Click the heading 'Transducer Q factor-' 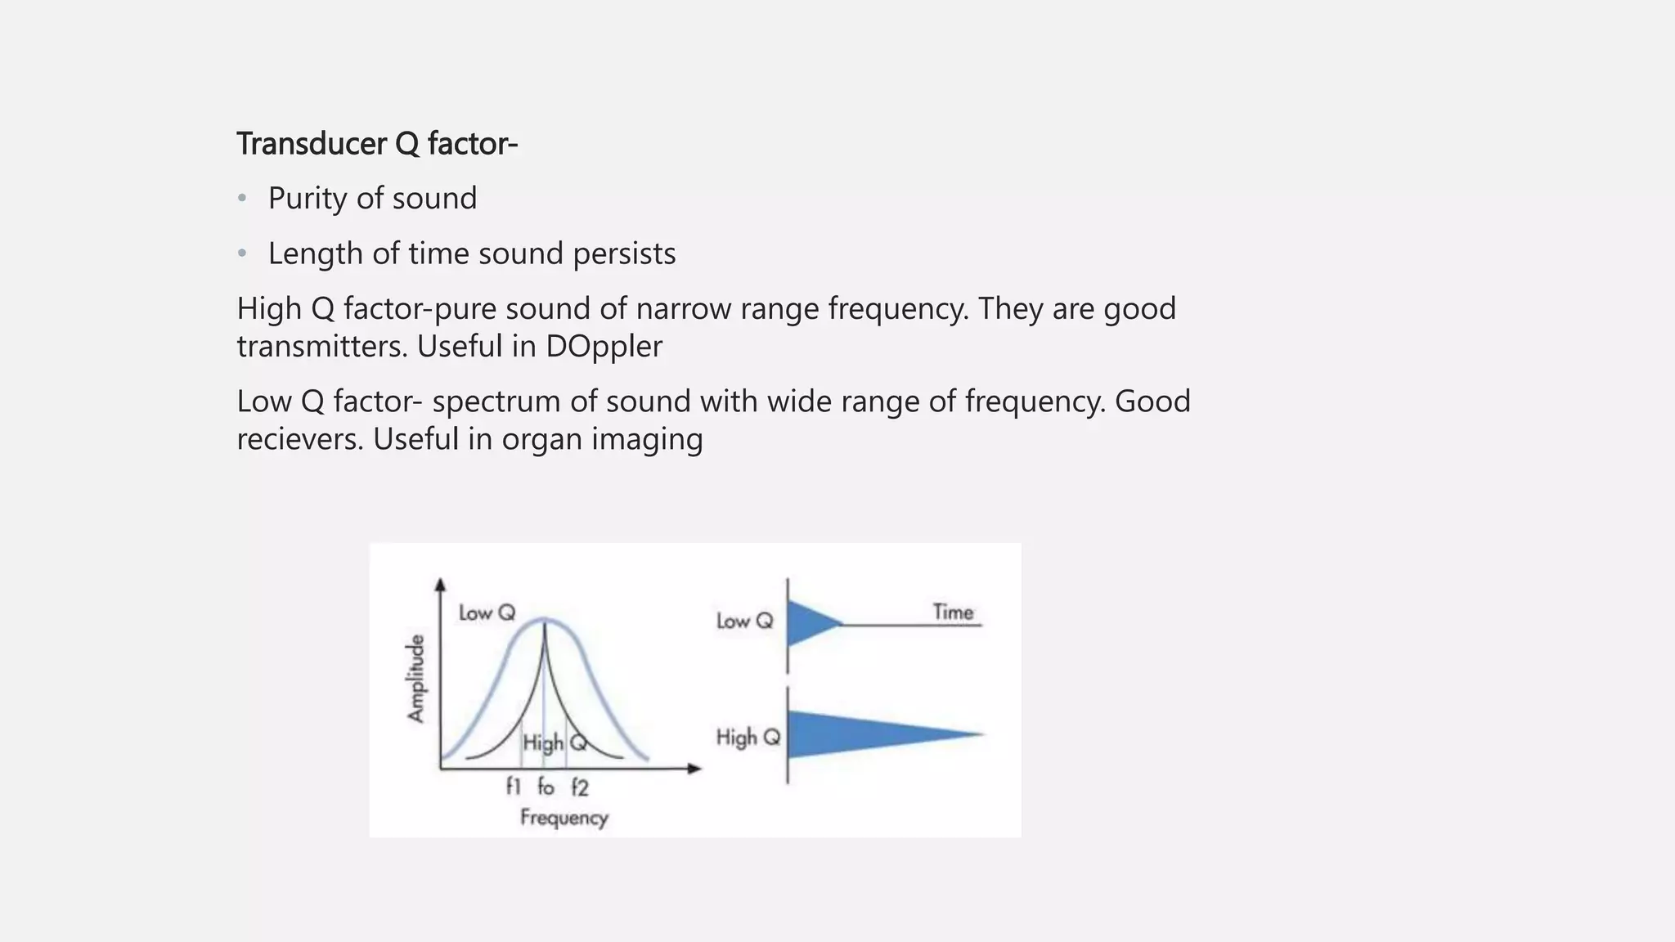click(x=377, y=144)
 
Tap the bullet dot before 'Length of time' click(x=242, y=253)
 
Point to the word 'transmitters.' click(x=322, y=347)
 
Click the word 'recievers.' click(x=300, y=439)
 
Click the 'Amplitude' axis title click(x=417, y=679)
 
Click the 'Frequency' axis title click(x=564, y=817)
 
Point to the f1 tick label click(x=513, y=787)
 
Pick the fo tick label click(x=546, y=787)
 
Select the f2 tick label click(x=579, y=787)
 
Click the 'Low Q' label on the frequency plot click(x=487, y=612)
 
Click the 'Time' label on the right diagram click(x=953, y=612)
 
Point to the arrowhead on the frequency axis click(x=694, y=768)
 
